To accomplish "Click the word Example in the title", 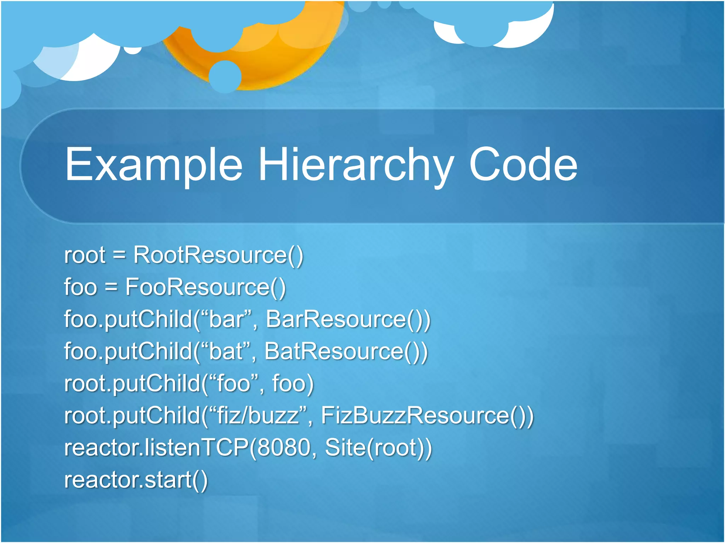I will point(154,165).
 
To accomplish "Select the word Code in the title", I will point(523,165).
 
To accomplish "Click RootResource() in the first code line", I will point(218,255).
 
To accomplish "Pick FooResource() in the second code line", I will point(205,287).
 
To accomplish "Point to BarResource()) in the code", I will point(348,319).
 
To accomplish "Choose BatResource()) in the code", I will point(346,351).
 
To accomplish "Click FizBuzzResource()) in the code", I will point(427,415).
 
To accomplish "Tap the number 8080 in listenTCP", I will point(284,448).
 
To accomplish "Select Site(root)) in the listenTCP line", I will point(378,448).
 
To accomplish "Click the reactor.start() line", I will point(136,480).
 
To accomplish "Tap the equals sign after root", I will point(119,255).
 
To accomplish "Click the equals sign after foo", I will point(111,287).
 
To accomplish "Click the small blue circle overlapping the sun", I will point(225,76).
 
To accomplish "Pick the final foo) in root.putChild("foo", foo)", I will point(292,383).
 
